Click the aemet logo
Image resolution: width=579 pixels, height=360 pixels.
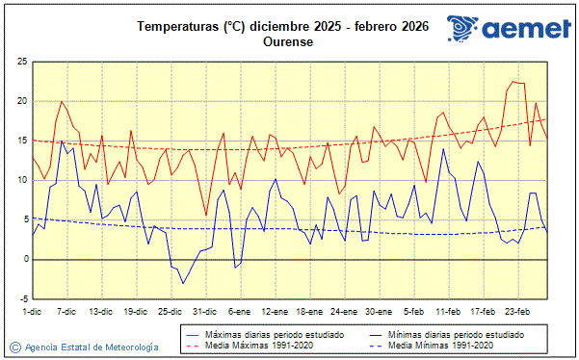[x=509, y=31]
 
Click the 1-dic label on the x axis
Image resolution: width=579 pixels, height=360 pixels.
[x=33, y=312]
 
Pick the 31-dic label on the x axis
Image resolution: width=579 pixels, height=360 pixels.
[x=203, y=312]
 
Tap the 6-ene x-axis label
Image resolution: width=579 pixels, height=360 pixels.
[x=239, y=312]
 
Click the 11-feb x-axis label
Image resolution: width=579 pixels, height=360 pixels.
[x=449, y=312]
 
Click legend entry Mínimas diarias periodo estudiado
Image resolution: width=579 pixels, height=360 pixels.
[x=460, y=333]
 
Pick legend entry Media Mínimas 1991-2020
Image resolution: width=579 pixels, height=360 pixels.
[x=442, y=345]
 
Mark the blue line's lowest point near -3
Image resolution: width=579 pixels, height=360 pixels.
[x=183, y=283]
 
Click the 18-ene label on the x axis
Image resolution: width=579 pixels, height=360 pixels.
[x=309, y=312]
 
